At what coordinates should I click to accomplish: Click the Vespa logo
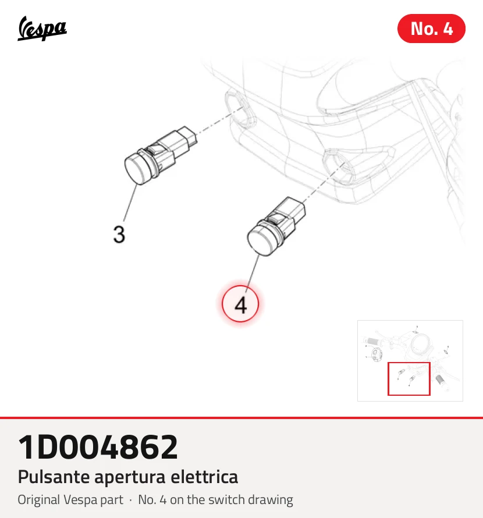(x=42, y=29)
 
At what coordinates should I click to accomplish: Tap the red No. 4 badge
(x=431, y=29)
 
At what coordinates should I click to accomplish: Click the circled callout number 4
(x=240, y=304)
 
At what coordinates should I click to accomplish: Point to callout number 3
(x=119, y=235)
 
